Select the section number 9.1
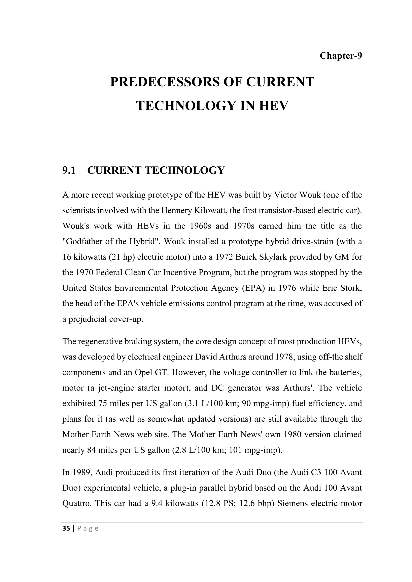69,170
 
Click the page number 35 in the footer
66,529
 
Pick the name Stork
350,288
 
